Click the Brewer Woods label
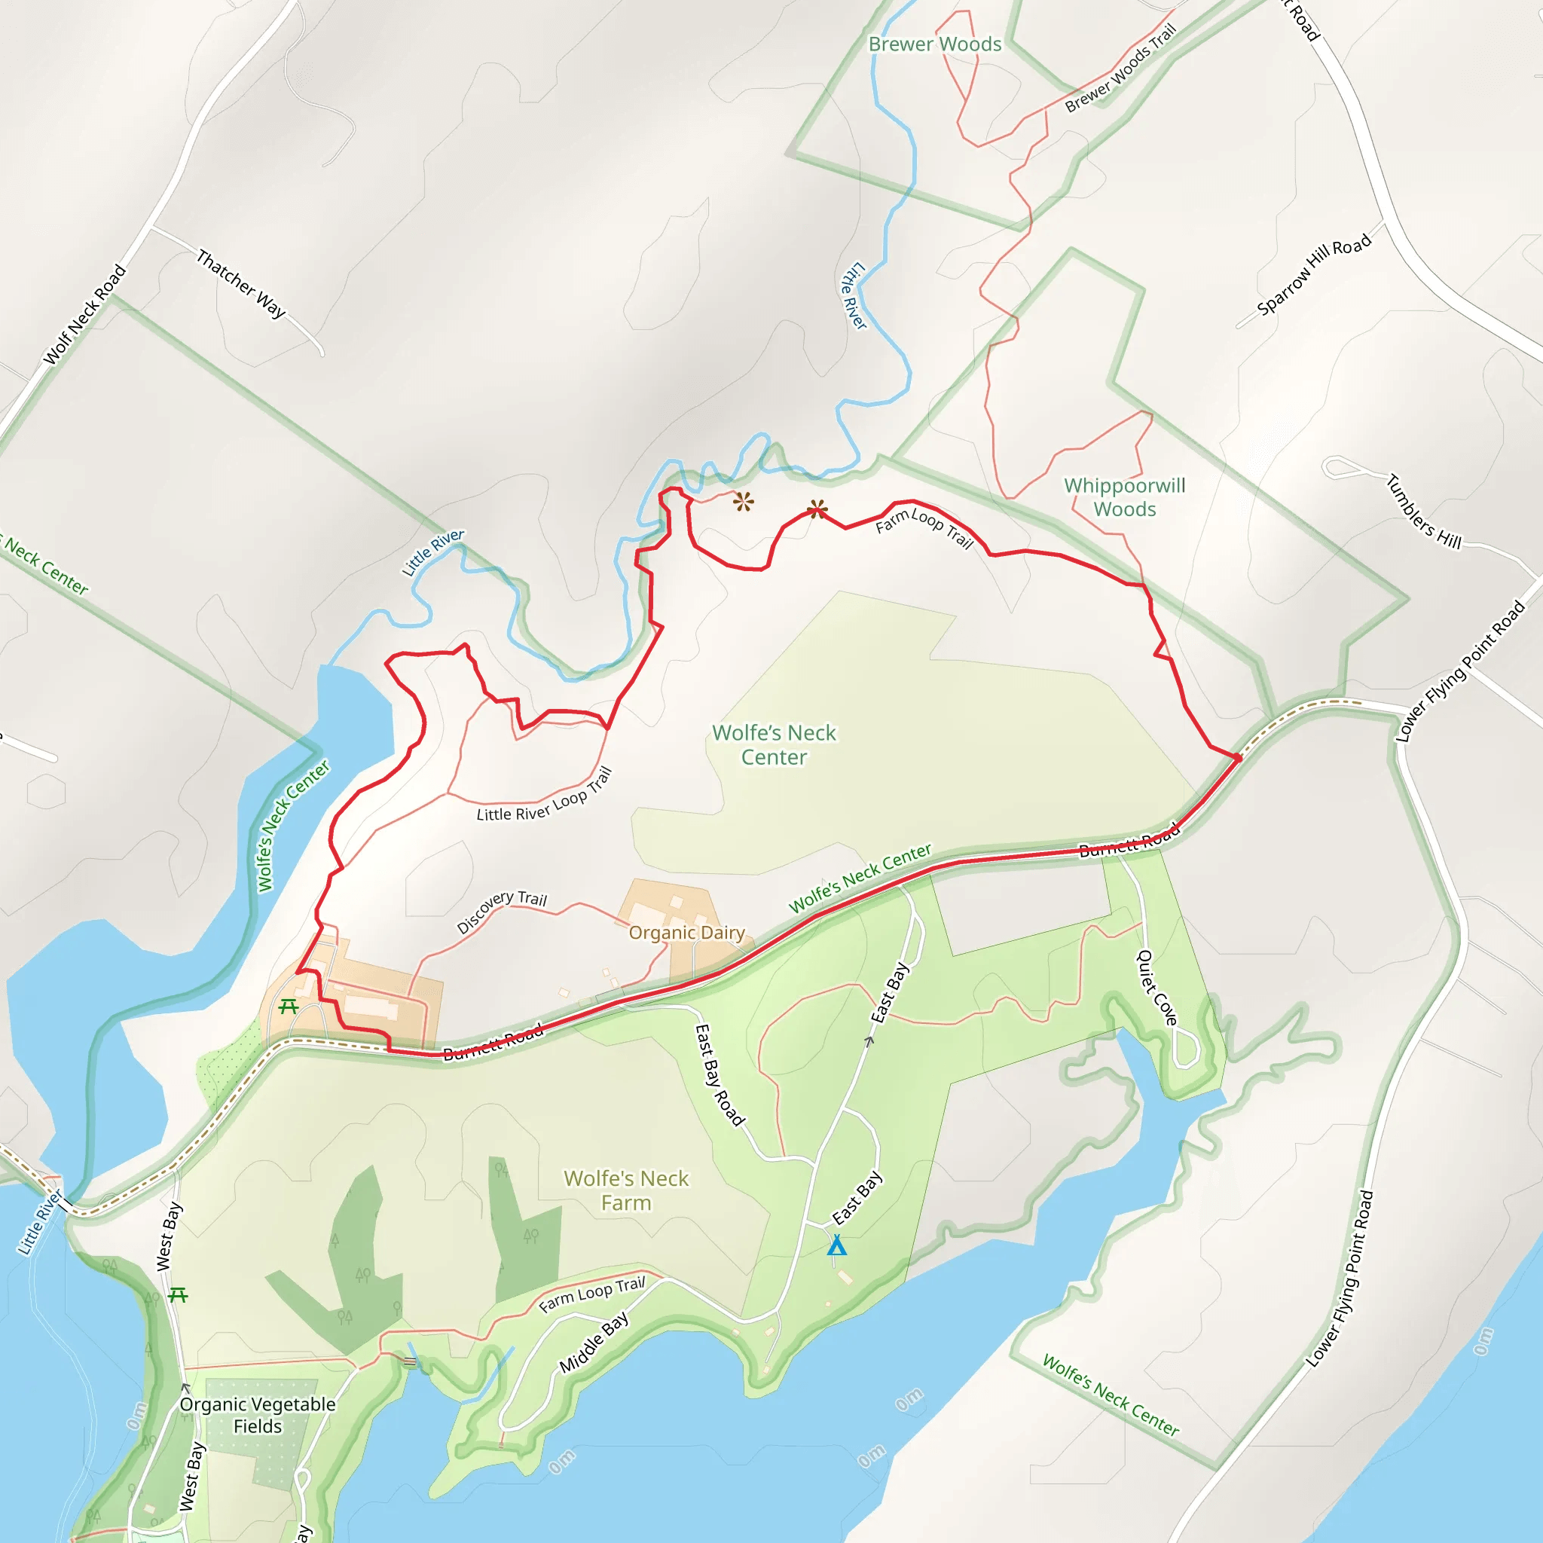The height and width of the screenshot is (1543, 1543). (x=934, y=44)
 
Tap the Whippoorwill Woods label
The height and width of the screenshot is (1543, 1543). (x=1125, y=497)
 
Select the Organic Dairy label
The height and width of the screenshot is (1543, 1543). (x=686, y=932)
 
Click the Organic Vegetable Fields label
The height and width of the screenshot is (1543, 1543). (x=257, y=1414)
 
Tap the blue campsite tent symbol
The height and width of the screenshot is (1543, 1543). (x=836, y=1245)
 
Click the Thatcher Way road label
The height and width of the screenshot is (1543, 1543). (x=240, y=283)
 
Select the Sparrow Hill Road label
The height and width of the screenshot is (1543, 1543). (x=1314, y=274)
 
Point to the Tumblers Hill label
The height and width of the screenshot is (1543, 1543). (x=1424, y=512)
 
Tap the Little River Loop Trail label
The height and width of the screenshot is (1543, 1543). (x=545, y=796)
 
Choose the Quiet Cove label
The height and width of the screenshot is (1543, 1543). (x=1156, y=987)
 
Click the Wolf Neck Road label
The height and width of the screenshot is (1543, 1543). (x=84, y=315)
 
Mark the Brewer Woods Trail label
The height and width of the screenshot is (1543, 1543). (x=1120, y=68)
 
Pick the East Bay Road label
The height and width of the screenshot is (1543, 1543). (x=720, y=1075)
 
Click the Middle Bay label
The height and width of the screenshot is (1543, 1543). (x=594, y=1343)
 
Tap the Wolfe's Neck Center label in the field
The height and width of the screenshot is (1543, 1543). (x=773, y=744)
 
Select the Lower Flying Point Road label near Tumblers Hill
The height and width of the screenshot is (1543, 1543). (x=1460, y=671)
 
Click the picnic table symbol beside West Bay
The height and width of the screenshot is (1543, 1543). (x=178, y=1294)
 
